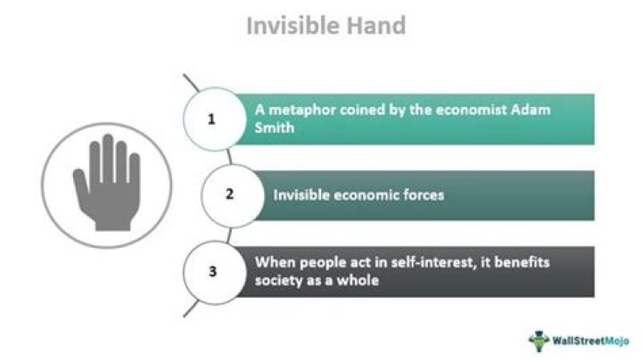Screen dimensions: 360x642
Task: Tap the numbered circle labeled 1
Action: pos(211,119)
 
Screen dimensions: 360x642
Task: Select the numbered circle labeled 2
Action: pos(230,193)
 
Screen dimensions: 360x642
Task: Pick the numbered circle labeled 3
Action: pos(211,271)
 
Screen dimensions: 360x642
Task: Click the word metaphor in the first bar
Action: pos(297,111)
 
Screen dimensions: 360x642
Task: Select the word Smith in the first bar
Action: pos(272,127)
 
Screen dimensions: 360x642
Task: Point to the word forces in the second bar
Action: pos(422,194)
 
